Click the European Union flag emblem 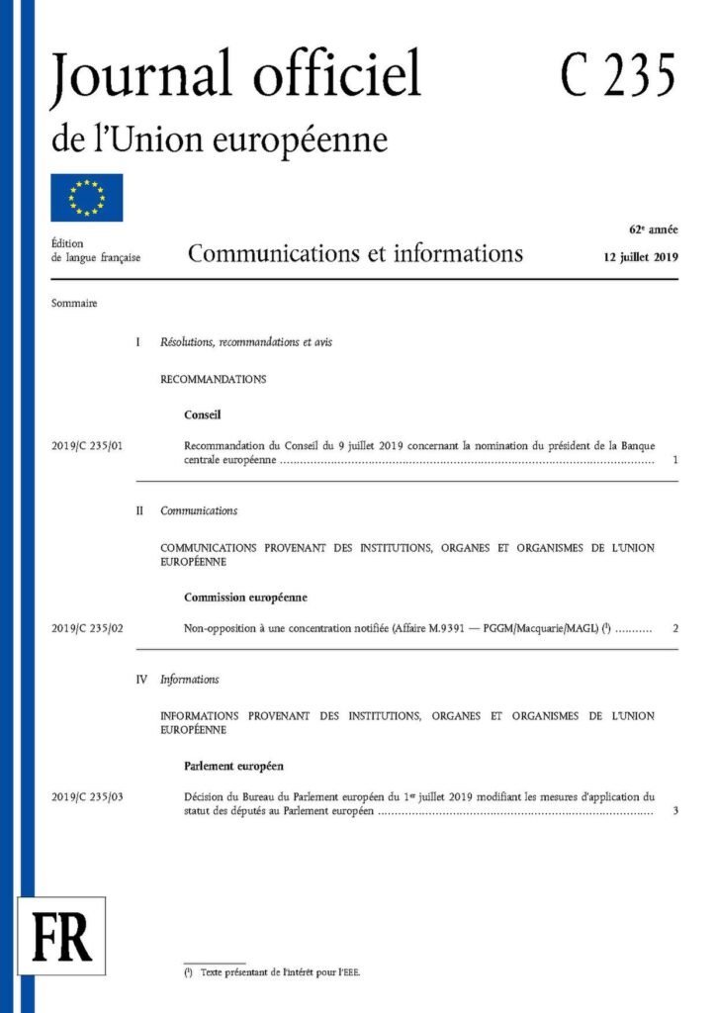point(87,197)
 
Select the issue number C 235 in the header point(618,74)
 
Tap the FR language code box point(61,935)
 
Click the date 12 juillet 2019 point(640,257)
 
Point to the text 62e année point(654,230)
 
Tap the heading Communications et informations point(355,254)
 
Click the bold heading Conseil point(203,415)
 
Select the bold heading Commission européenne point(245,598)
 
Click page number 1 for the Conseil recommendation point(673,461)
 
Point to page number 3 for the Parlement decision point(673,812)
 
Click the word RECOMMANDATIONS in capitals point(213,379)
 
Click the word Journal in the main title point(126,76)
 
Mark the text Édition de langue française point(95,250)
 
